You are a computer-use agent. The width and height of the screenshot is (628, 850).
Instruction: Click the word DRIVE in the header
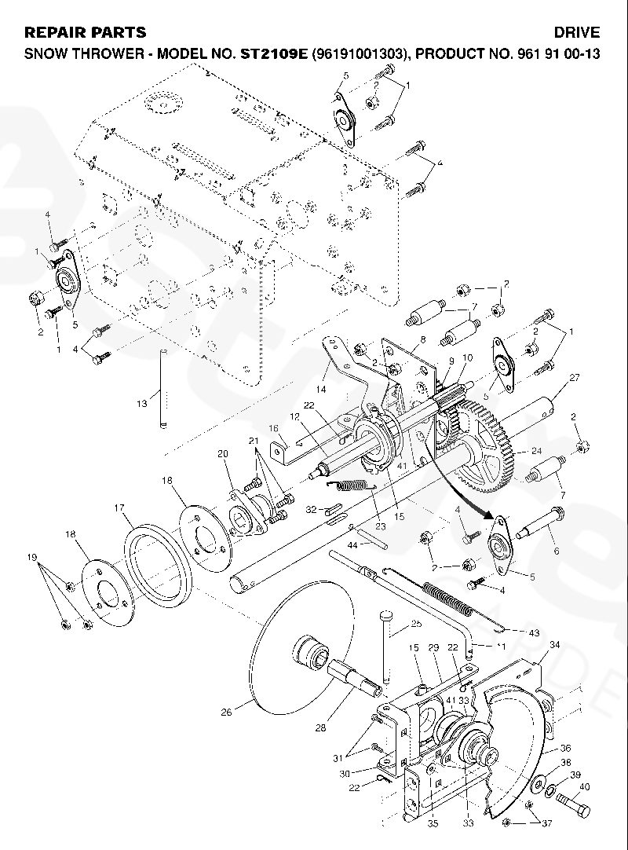(x=577, y=32)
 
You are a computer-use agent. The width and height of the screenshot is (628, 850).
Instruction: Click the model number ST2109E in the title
(x=270, y=54)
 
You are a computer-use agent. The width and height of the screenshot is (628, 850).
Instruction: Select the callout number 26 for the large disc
(x=226, y=713)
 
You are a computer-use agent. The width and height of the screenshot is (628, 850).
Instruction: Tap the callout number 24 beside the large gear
(x=537, y=451)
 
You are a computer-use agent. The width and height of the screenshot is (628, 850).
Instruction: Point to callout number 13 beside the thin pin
(x=141, y=404)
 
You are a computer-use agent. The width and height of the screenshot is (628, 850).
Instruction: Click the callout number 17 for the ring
(x=121, y=508)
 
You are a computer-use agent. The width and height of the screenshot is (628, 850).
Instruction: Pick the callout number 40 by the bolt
(x=583, y=786)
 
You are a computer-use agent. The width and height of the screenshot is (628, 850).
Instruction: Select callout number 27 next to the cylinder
(x=574, y=378)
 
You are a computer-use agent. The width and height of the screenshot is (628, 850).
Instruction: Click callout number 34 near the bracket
(x=554, y=645)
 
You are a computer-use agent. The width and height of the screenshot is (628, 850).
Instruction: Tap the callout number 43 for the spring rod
(x=512, y=633)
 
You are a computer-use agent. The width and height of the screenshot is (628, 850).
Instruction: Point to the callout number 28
(x=319, y=728)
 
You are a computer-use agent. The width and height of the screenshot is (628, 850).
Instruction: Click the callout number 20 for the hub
(x=222, y=454)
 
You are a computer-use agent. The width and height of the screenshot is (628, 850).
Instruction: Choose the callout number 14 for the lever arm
(x=320, y=389)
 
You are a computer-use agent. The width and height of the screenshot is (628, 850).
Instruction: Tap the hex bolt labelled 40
(x=573, y=805)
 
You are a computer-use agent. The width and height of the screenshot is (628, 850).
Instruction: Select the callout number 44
(x=352, y=544)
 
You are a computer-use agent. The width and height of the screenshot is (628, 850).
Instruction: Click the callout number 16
(x=274, y=429)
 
